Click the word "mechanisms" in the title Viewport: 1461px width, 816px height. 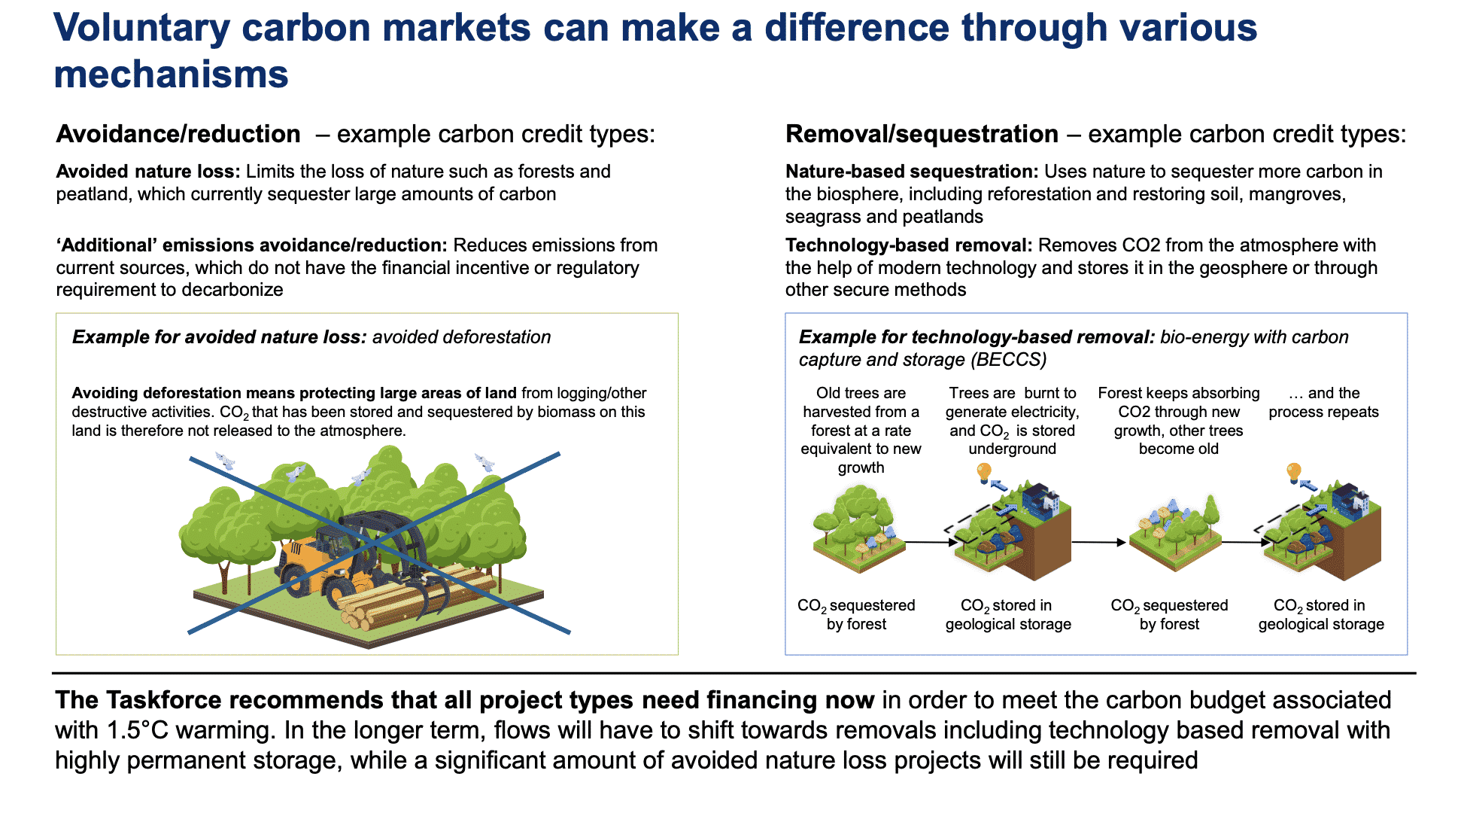[171, 74]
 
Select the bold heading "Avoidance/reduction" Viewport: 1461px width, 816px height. [178, 134]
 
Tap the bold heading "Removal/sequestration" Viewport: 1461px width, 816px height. [922, 134]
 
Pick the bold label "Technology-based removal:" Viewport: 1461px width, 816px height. [909, 245]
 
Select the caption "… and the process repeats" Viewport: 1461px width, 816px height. [1323, 403]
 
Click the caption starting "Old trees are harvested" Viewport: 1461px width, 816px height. [861, 431]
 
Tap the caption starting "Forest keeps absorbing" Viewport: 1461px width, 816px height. [1178, 421]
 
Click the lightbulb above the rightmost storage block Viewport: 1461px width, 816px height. [1293, 473]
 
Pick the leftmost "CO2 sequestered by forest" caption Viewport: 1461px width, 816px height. [856, 615]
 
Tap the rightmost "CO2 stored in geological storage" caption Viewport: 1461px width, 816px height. [1321, 615]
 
